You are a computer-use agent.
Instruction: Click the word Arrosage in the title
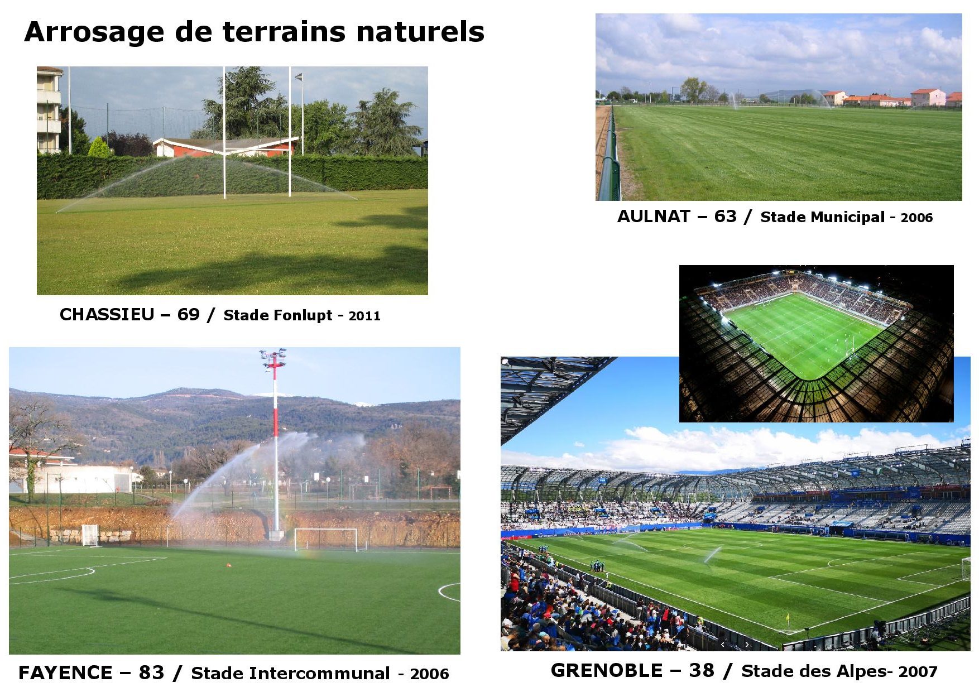(x=94, y=33)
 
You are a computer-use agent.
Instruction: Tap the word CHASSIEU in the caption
(x=107, y=315)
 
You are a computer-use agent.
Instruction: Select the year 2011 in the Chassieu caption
(x=364, y=316)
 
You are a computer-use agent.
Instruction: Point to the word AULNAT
(x=654, y=217)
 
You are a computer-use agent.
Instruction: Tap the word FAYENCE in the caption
(x=65, y=673)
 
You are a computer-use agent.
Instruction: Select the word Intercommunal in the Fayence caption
(x=319, y=674)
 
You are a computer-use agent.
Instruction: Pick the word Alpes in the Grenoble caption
(x=861, y=672)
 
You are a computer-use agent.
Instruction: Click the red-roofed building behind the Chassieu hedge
(x=225, y=146)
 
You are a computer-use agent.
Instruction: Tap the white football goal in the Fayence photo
(x=326, y=539)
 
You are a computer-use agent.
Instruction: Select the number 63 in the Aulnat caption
(x=725, y=217)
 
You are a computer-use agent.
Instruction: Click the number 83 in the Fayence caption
(x=151, y=673)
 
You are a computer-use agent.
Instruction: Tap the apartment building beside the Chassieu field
(x=49, y=110)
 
